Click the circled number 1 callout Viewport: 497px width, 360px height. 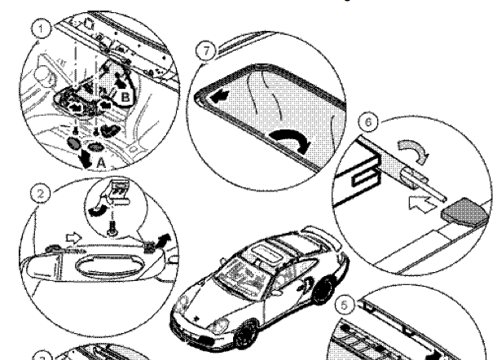click(x=41, y=29)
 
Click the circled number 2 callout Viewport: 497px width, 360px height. click(x=41, y=193)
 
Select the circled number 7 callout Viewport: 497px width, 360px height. click(x=206, y=50)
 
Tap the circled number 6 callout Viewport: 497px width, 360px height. click(x=368, y=122)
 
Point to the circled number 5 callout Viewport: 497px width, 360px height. click(x=345, y=305)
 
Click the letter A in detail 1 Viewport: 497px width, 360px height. click(x=100, y=163)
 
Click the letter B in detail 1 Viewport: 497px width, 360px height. click(x=125, y=97)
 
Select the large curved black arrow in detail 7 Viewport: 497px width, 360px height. click(x=290, y=139)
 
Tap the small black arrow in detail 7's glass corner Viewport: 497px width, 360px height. click(x=219, y=96)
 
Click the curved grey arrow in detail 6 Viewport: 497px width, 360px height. click(x=416, y=150)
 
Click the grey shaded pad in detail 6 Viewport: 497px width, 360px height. click(x=464, y=212)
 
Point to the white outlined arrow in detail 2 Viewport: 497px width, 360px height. click(x=73, y=238)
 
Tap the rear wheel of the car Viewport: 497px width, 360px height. click(x=323, y=290)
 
